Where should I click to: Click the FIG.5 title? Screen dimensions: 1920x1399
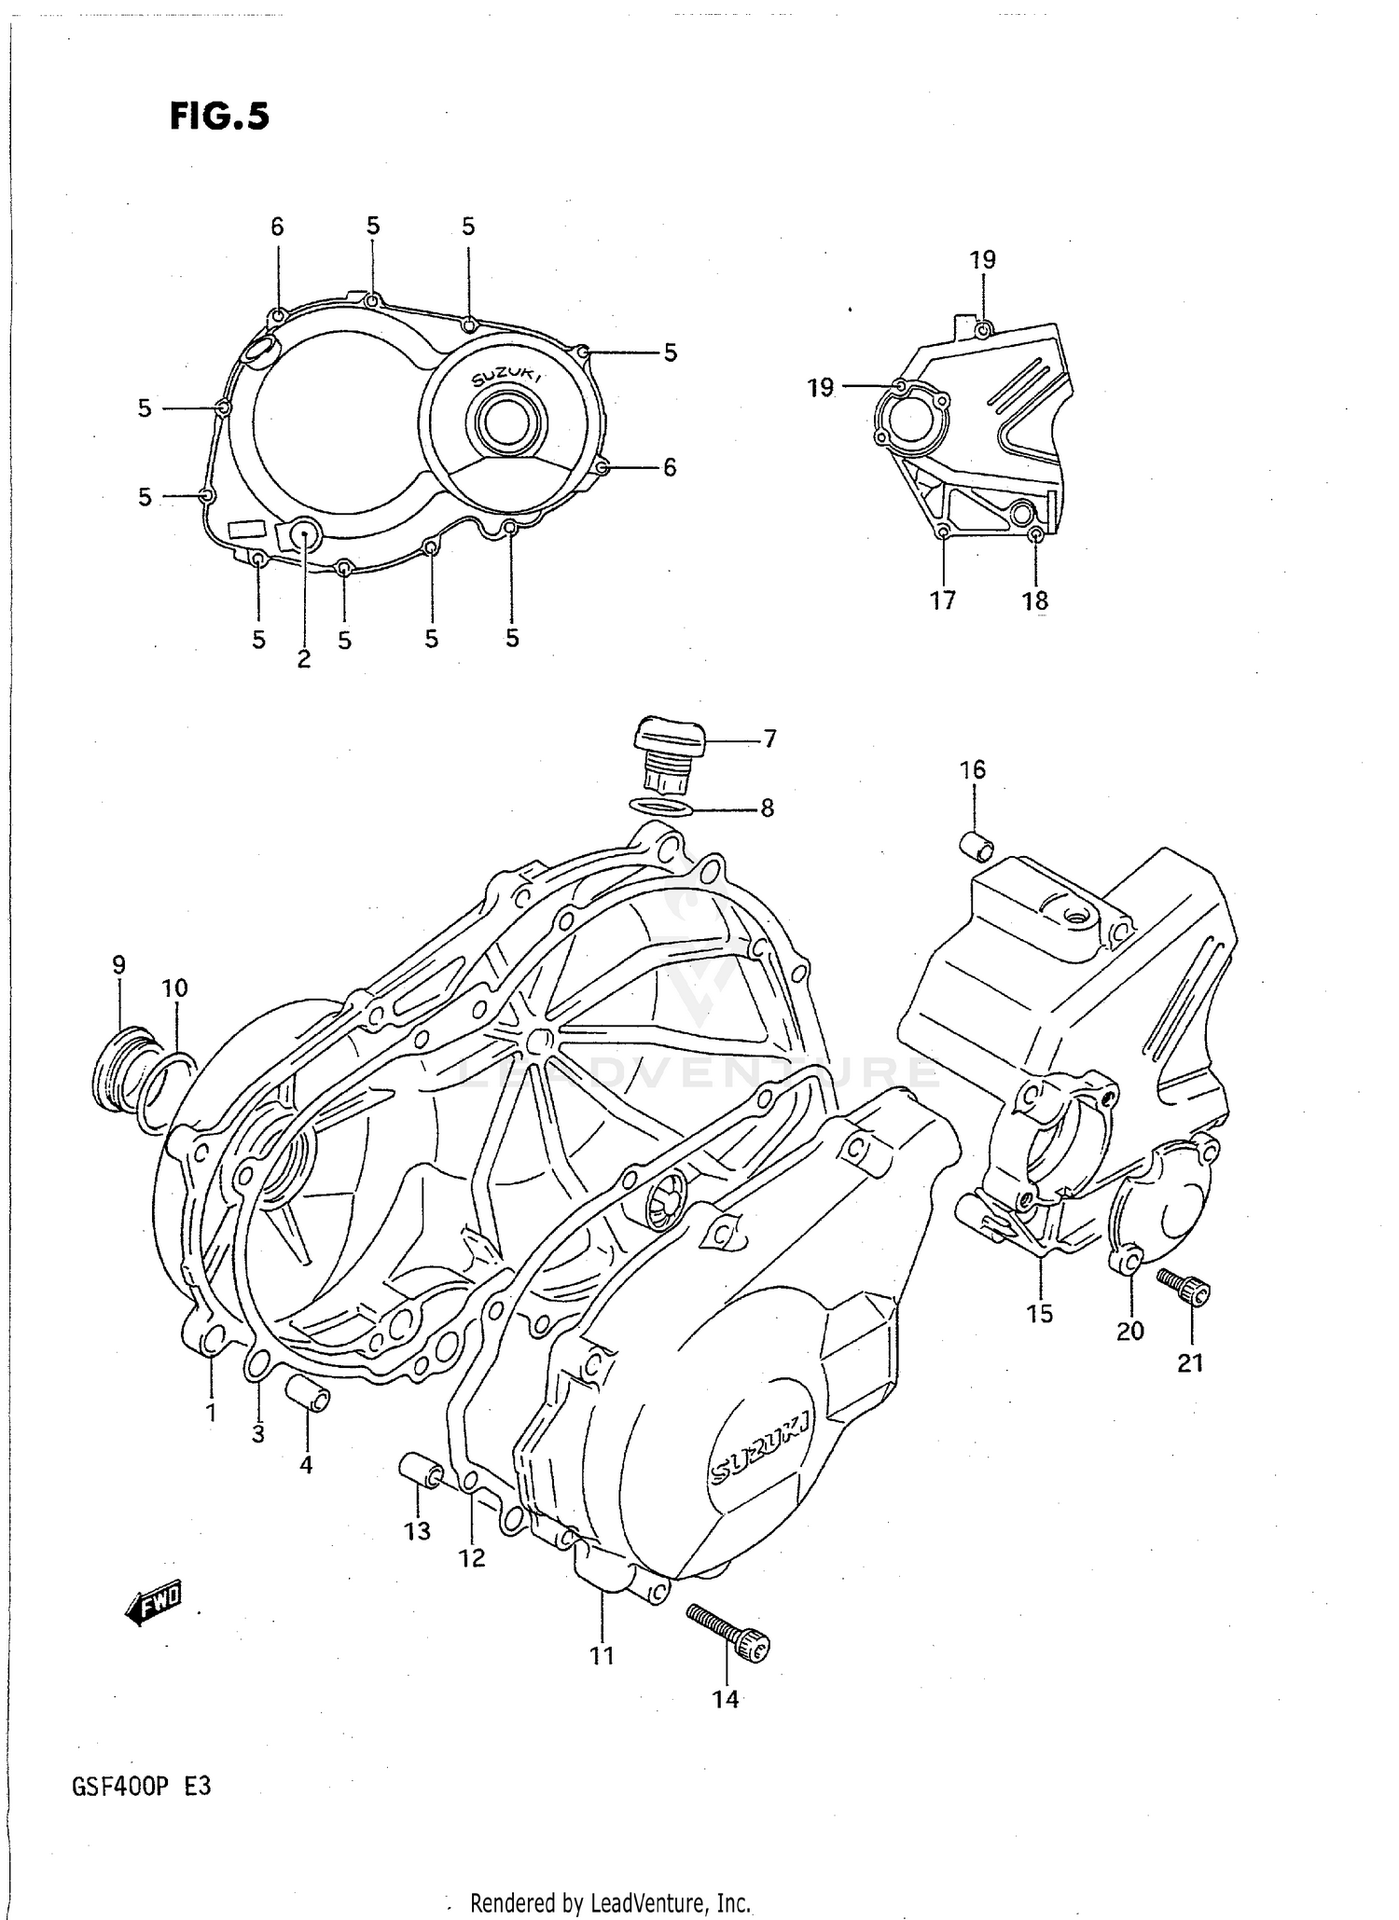coord(219,117)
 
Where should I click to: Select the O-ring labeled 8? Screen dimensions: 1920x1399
coord(661,806)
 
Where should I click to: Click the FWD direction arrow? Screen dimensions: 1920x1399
coord(155,1602)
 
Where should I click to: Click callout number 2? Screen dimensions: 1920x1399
coord(304,658)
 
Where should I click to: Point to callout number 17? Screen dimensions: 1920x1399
coord(943,601)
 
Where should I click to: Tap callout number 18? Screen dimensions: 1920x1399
coord(1035,601)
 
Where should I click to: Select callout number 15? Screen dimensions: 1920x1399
coord(1039,1313)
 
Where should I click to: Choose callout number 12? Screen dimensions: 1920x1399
coord(472,1557)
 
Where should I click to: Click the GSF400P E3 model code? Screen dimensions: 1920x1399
coord(141,1785)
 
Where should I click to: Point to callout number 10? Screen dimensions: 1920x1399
coord(174,988)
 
